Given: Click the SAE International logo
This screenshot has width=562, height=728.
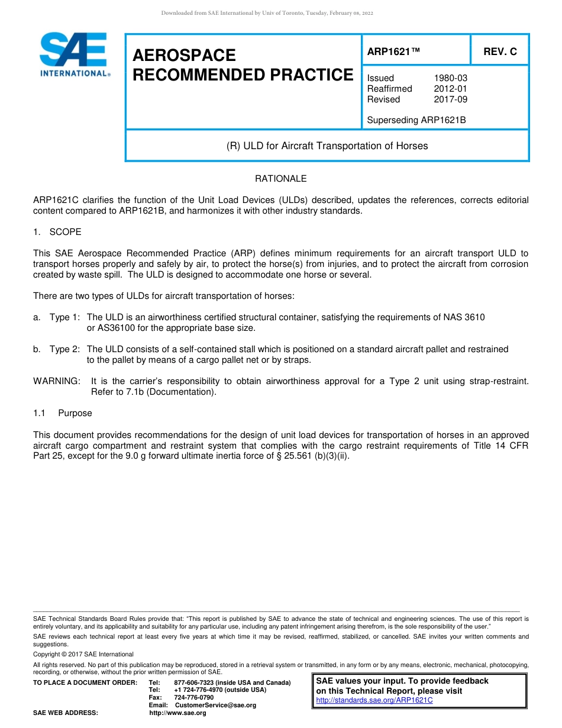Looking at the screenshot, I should pos(74,54).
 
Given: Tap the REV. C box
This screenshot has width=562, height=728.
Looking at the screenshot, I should pos(500,51).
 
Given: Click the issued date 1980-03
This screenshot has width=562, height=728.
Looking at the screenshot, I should pos(450,78).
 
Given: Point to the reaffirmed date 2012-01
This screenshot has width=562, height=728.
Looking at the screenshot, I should pos(450,89).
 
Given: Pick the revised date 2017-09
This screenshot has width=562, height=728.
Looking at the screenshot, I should pos(450,99).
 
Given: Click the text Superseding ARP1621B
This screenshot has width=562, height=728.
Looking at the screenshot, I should pos(416,120).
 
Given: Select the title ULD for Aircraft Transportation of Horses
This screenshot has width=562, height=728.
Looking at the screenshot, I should pos(327,146).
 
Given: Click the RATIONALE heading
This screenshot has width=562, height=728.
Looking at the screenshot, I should pos(280,178).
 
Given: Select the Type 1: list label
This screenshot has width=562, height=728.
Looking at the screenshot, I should pos(64,317).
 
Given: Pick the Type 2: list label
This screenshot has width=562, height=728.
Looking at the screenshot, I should pos(64,349).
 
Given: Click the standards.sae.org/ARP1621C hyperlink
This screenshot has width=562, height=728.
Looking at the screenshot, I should pos(374,700).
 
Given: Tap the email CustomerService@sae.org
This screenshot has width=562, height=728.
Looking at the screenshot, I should pos(215,705).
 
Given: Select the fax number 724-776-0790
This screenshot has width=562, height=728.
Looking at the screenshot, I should pos(194,697).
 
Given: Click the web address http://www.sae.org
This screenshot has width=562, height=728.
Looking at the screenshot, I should pos(177,713).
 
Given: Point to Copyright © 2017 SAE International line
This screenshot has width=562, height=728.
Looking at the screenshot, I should pos(83,654).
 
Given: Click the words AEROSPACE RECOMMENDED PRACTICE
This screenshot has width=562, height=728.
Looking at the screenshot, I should pos(243,65).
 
